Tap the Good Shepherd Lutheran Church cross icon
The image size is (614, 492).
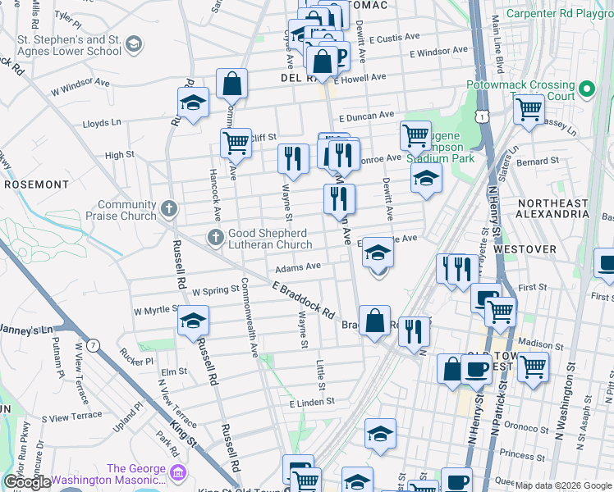[216, 239]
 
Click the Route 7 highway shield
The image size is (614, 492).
[94, 345]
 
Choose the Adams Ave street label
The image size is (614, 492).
[297, 267]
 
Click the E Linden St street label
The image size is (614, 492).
[312, 403]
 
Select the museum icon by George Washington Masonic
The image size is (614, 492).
[178, 473]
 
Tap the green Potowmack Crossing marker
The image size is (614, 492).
[586, 89]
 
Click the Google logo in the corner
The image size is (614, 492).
[26, 482]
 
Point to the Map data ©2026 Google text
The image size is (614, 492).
[563, 485]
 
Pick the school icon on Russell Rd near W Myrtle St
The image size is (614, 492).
[193, 321]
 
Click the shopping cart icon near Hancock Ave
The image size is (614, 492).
[236, 142]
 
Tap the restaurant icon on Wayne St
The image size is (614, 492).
[293, 157]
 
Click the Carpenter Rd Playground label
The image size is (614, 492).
[560, 13]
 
